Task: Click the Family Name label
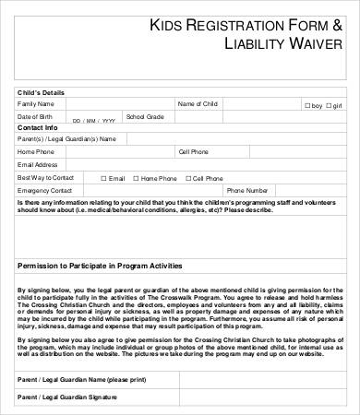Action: click(x=36, y=104)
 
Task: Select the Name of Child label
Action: click(x=198, y=104)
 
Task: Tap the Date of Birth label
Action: click(x=35, y=117)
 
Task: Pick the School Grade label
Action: click(x=145, y=117)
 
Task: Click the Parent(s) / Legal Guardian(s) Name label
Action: click(x=66, y=138)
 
